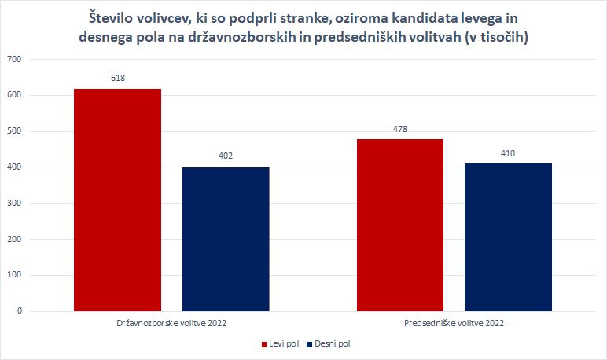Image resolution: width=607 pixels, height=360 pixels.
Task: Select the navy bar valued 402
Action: tap(225, 239)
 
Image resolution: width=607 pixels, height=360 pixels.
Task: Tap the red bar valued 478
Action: tap(400, 225)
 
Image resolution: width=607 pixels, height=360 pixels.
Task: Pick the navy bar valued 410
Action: tap(508, 237)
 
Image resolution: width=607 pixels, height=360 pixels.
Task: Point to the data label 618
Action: tap(117, 78)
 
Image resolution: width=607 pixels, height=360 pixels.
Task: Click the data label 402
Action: tap(225, 156)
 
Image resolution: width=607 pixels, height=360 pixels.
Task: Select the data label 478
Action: tap(400, 129)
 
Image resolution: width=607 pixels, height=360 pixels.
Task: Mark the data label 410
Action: tap(508, 153)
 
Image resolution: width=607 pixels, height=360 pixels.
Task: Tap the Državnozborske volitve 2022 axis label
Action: tap(171, 323)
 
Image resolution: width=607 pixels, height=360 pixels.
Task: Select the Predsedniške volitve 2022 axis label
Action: tap(454, 323)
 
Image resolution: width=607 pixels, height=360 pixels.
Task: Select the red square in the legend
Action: tap(263, 344)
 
